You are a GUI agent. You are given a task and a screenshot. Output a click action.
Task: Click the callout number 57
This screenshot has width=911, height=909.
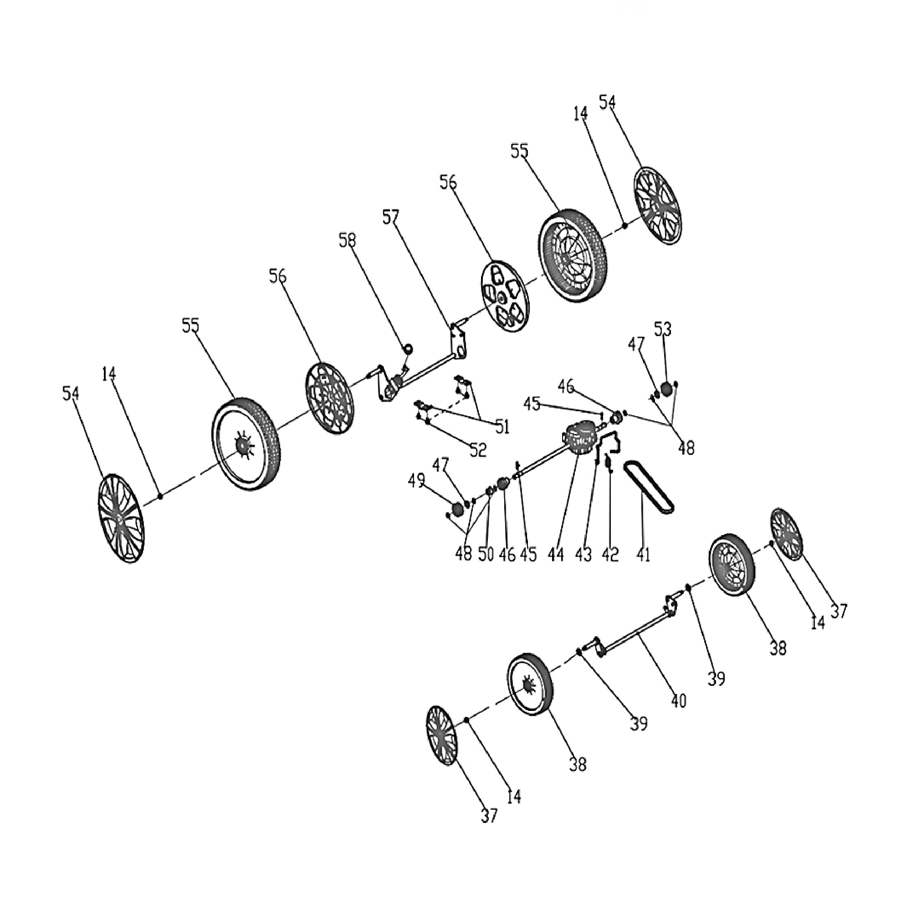coord(391,218)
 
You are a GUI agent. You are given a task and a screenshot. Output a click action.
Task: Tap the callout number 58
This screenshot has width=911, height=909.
coord(348,241)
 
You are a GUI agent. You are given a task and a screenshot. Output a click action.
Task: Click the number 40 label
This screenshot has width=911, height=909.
coord(679,701)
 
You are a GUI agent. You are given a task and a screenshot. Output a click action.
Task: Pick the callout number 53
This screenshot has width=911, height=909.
coord(662,330)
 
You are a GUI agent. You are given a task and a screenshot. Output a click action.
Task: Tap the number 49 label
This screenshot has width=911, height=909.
coord(416,481)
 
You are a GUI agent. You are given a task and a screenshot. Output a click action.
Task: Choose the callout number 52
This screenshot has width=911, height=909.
coord(478,450)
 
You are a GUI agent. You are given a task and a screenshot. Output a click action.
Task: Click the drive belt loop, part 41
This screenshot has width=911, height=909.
coord(649,487)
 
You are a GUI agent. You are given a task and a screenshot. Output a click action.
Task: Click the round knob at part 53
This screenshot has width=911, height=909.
coord(666,388)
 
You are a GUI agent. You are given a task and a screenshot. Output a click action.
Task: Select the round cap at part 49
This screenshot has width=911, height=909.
coord(457,509)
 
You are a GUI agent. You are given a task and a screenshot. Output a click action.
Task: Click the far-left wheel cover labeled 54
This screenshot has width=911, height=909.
coord(121,518)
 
